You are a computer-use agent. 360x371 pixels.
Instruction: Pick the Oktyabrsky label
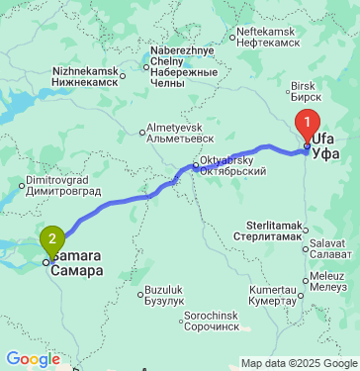coord(232,165)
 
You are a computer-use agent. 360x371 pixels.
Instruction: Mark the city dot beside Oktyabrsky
coord(195,165)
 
